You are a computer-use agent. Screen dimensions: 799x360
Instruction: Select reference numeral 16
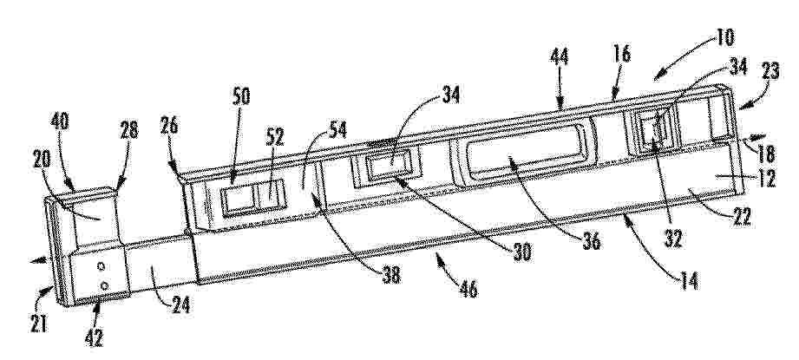point(622,54)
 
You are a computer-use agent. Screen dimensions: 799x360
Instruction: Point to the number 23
point(770,71)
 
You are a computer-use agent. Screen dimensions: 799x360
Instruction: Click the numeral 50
point(241,96)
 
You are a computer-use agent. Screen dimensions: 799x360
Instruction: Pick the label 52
point(274,137)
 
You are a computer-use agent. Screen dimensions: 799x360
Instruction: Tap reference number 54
point(337,130)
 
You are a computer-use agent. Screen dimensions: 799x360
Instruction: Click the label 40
point(60,121)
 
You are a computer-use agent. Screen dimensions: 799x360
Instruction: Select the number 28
point(129,130)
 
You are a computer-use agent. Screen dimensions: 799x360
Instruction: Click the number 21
point(39,324)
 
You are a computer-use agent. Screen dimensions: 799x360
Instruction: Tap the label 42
point(94,337)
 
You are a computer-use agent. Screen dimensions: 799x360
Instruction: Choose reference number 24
point(180,305)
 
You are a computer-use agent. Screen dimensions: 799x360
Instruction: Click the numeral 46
point(468,289)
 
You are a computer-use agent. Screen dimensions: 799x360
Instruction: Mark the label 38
point(390,275)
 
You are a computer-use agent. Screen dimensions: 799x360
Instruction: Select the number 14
point(689,280)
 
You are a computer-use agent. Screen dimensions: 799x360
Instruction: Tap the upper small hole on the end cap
point(101,266)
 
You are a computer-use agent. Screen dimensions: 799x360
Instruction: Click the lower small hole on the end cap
point(104,286)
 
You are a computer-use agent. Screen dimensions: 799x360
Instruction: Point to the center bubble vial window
point(387,167)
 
